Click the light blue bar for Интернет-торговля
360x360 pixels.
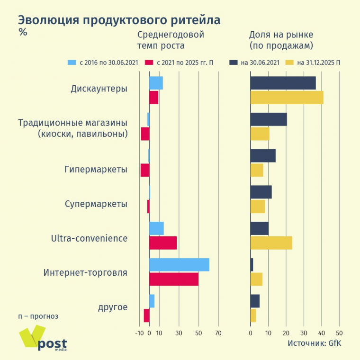pos(179,265)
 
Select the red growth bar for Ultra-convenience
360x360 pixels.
pos(163,243)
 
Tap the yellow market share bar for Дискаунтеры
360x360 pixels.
pos(287,98)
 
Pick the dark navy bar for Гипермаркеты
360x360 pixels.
pos(263,156)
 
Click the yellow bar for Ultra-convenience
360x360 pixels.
pos(271,243)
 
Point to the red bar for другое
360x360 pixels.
pos(146,315)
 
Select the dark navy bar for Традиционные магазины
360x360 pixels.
pos(269,119)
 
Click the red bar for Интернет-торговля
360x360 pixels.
pos(174,279)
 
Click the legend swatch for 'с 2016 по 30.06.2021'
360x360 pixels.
pos(72,63)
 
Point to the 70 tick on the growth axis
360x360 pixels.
pos(218,333)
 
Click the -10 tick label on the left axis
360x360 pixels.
pos(139,333)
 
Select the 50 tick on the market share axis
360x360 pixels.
pos(339,333)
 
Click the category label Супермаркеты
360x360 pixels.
pos(96,204)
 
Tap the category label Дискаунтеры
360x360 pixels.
pos(99,88)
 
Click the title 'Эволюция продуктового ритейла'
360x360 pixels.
pos(119,20)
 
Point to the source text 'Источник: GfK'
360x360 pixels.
pos(314,343)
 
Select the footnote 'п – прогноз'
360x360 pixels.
pos(38,316)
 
